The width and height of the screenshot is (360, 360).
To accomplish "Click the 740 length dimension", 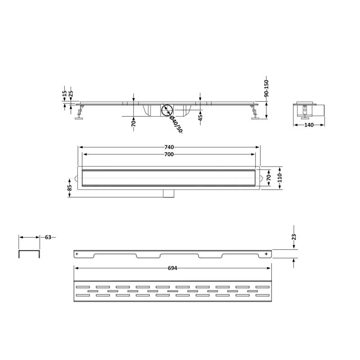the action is point(169,147).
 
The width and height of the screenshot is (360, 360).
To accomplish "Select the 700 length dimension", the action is point(169,154).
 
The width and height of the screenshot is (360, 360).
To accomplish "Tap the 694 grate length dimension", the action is point(172,268).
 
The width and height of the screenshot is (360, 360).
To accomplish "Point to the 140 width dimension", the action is point(309,125).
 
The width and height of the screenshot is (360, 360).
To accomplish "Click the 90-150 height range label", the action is point(266,88).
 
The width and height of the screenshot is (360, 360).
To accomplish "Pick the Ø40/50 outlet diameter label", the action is point(176,124).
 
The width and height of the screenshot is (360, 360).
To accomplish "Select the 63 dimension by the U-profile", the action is point(48,237).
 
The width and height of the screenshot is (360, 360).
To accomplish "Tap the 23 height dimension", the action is point(294,237).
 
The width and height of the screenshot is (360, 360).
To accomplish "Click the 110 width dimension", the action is point(279,178).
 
